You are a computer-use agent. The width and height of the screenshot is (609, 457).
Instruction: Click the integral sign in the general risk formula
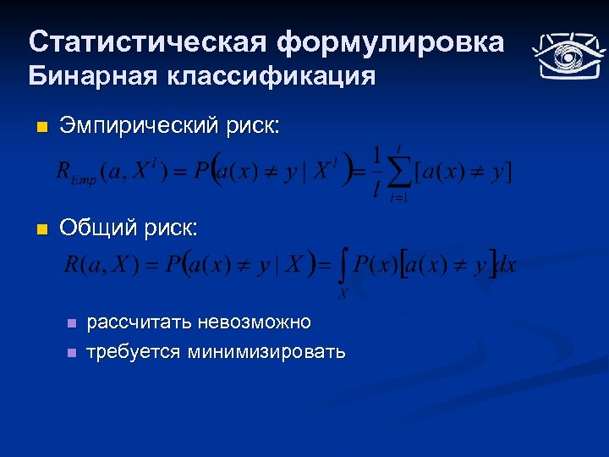tap(343, 267)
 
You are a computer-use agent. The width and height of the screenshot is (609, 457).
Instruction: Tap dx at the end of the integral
tap(506, 264)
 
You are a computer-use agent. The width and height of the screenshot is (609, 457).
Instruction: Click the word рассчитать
tap(139, 322)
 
